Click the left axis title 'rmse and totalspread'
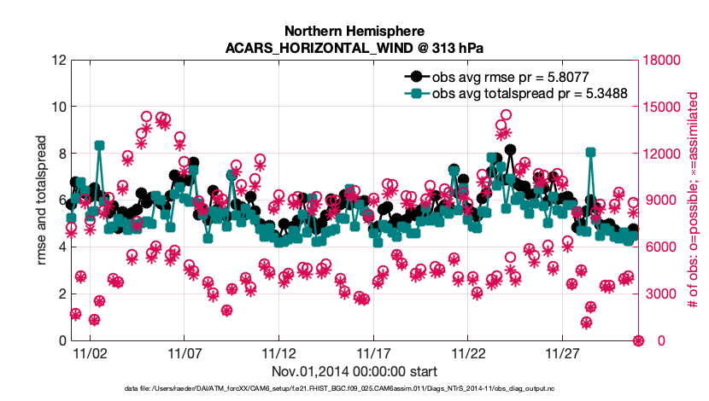(x=42, y=200)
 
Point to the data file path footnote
(x=354, y=388)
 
